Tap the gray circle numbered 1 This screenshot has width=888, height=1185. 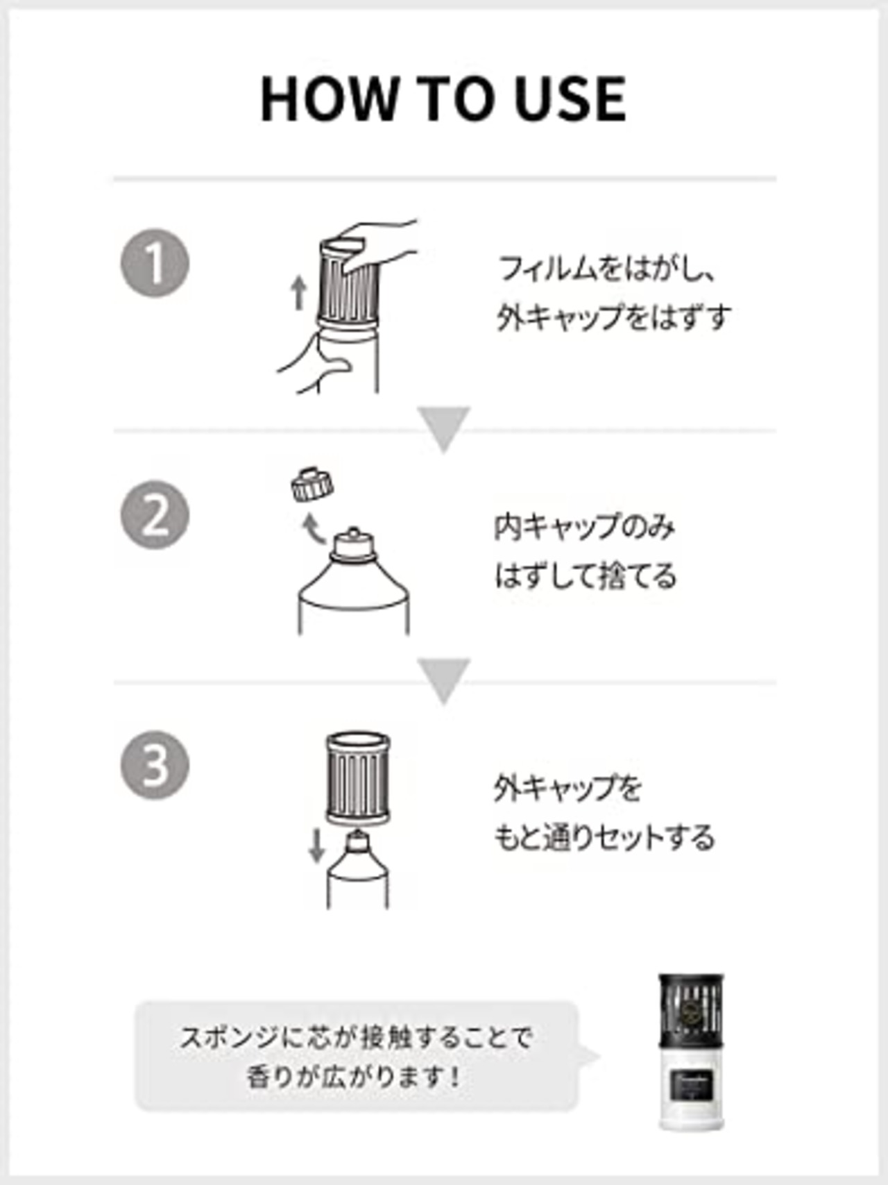tap(155, 264)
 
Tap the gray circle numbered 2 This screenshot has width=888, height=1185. tap(155, 515)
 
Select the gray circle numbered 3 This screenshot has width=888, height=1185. tap(155, 765)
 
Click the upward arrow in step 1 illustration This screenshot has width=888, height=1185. tap(299, 292)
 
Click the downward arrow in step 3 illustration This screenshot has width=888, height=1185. tap(316, 846)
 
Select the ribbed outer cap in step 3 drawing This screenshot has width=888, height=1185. tap(357, 778)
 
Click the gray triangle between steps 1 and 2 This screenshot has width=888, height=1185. tap(444, 428)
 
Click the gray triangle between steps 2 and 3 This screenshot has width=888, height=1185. tap(444, 679)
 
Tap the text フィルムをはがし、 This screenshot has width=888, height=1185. tap(605, 268)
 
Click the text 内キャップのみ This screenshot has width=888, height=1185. tap(584, 528)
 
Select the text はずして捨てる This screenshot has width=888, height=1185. tap(585, 576)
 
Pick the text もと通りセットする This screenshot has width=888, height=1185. tap(604, 837)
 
